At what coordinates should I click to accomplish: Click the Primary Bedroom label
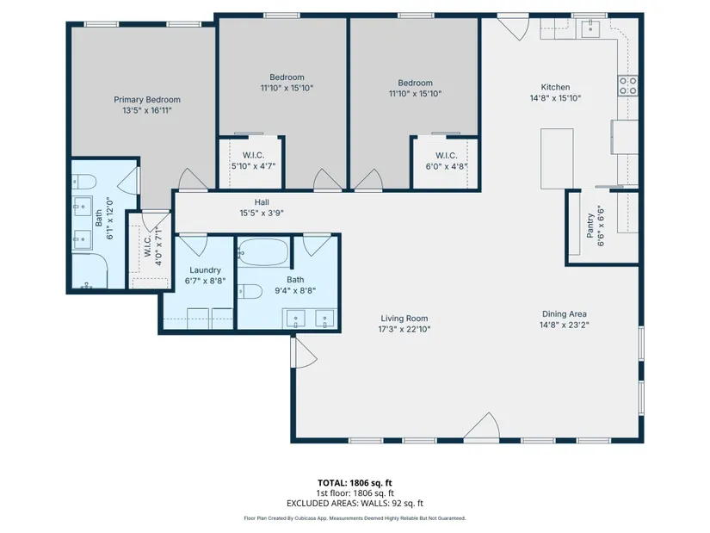(147, 100)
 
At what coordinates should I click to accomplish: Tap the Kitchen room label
(555, 87)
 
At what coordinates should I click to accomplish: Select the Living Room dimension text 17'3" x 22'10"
(404, 330)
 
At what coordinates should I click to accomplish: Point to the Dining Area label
(565, 313)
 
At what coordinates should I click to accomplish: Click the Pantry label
(590, 226)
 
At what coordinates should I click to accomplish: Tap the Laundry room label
(205, 270)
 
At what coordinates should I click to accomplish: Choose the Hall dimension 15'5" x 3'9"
(262, 213)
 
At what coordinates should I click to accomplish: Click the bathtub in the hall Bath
(263, 252)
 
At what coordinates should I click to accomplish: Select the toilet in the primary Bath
(84, 183)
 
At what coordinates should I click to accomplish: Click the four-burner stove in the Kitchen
(628, 85)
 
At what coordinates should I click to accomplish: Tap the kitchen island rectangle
(557, 158)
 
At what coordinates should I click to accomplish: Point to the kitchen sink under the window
(590, 28)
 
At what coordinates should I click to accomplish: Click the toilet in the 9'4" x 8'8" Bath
(250, 291)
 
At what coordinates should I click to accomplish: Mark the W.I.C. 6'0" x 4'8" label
(446, 161)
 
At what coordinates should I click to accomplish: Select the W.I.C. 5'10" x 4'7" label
(254, 161)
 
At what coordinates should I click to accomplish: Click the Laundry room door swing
(194, 245)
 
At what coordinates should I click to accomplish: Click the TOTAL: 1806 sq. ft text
(355, 483)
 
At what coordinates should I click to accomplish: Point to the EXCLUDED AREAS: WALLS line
(355, 503)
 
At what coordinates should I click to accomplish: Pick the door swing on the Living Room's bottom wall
(482, 425)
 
